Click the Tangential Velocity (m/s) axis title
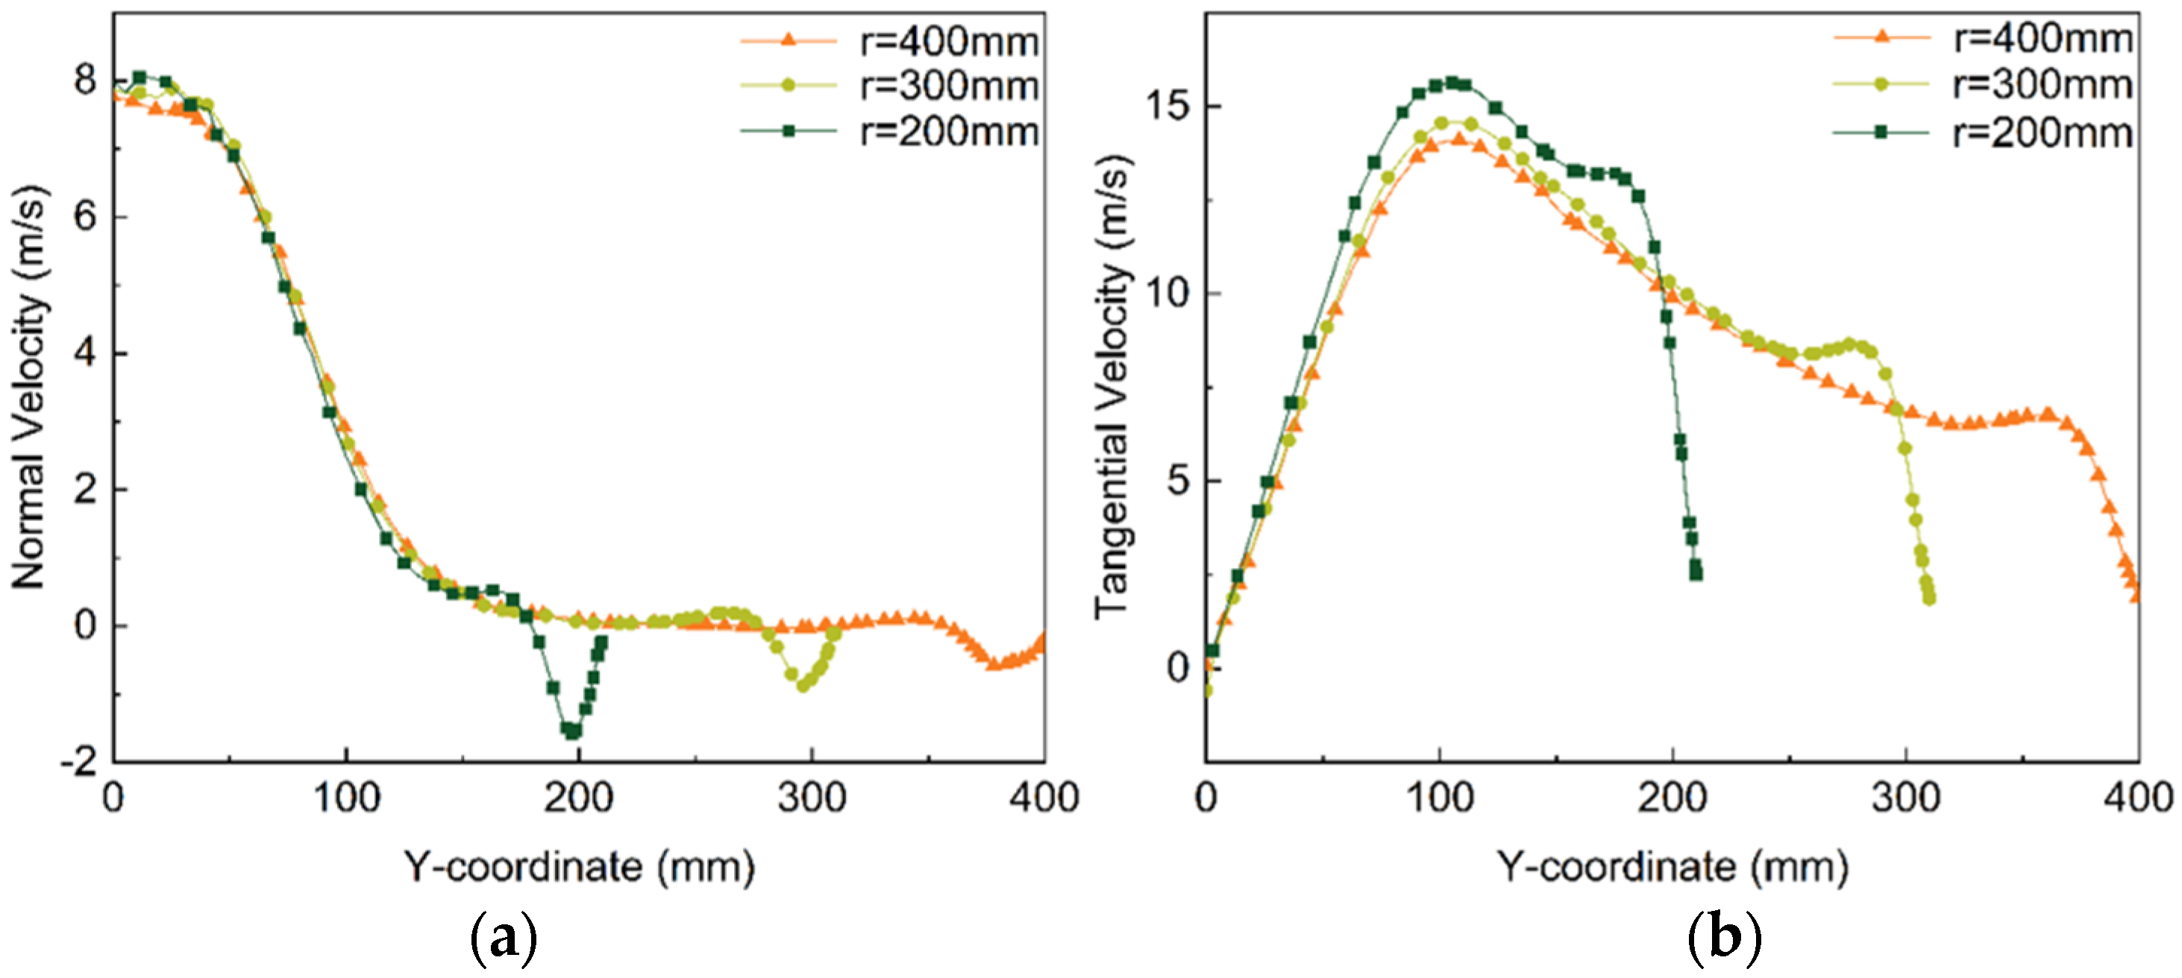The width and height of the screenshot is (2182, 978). [1112, 387]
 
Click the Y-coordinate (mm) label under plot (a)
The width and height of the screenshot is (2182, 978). [579, 867]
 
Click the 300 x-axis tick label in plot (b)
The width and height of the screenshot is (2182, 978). [1905, 798]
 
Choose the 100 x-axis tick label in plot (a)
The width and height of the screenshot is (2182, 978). [345, 798]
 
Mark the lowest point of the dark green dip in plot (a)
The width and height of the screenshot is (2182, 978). [573, 731]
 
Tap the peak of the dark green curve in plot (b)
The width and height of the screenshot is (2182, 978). [1452, 82]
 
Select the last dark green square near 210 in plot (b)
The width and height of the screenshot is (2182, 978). [1696, 574]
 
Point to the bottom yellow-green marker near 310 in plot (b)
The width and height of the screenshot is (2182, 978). [1930, 599]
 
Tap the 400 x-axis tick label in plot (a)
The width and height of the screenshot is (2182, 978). [1043, 798]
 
